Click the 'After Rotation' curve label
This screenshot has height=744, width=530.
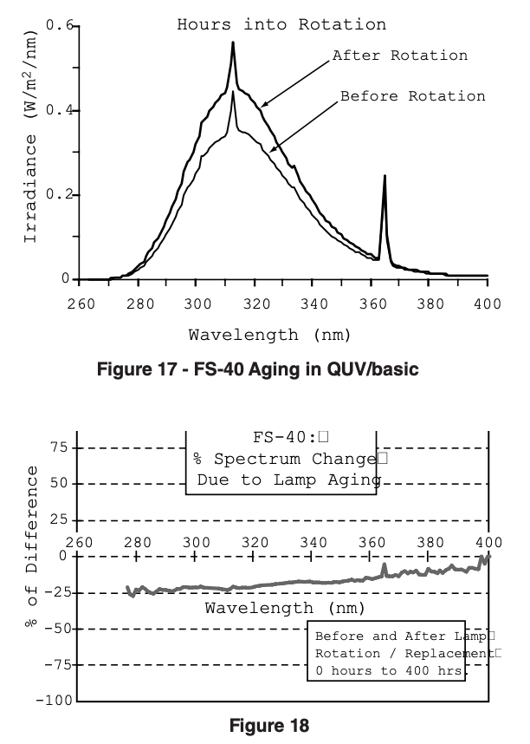400,55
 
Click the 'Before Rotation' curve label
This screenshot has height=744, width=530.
412,95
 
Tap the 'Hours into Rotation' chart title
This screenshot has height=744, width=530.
281,24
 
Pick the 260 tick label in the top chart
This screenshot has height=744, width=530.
80,303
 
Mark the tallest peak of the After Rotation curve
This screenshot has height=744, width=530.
233,42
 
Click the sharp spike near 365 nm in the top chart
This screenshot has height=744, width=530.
385,177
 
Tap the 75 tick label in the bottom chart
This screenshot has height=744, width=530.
58,448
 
